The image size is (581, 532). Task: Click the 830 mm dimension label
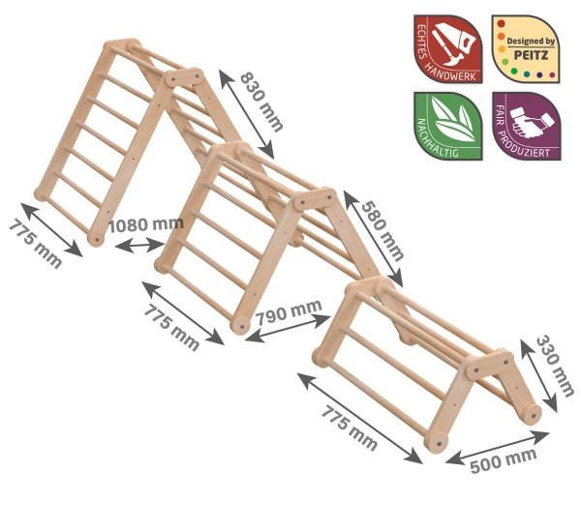point(262,102)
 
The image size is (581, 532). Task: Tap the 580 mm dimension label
point(382,230)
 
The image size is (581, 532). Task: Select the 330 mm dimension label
point(555,366)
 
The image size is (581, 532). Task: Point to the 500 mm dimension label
point(504,460)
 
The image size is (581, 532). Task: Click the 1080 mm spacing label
point(146,224)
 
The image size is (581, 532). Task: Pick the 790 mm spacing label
point(289,311)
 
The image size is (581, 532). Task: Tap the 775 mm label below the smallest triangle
point(349,428)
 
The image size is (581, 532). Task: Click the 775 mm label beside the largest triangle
point(35,243)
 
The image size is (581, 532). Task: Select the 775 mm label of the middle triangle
point(171,327)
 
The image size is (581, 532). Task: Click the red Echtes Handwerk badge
point(448,49)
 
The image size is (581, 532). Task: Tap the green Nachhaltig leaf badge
point(448,126)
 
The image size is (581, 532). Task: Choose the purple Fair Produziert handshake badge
point(526,126)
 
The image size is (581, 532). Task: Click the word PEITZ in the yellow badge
point(531,55)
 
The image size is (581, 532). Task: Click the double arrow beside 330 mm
point(538,375)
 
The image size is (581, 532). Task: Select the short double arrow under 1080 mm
point(139,245)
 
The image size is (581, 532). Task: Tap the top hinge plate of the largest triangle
point(184,77)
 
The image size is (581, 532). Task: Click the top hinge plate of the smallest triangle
point(489,365)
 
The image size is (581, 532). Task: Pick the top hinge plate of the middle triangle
point(315,199)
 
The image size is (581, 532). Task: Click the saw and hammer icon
point(452,43)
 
